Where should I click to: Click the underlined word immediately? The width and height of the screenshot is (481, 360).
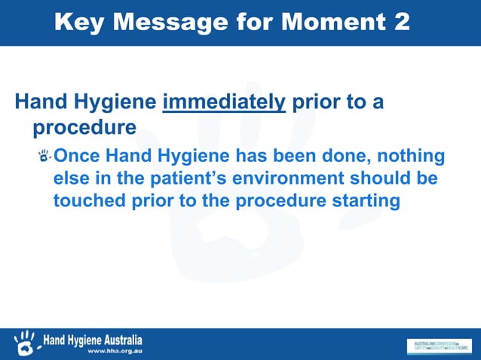pos(224,102)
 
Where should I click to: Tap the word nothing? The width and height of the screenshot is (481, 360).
pos(412,157)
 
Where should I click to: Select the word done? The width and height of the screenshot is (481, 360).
pos(348,157)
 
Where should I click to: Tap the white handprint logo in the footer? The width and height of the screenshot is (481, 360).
pos(24,343)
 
